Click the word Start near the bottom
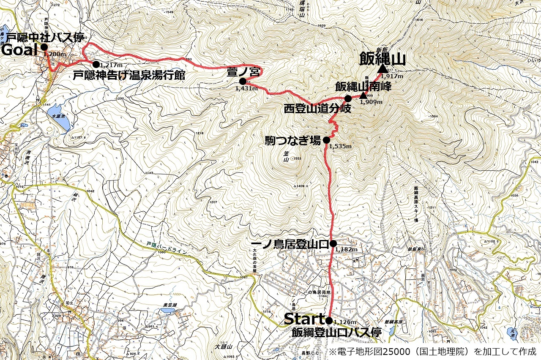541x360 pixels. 303,319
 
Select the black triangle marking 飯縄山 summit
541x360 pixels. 383,69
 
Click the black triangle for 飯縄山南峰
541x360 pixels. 363,95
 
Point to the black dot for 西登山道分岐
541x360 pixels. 348,98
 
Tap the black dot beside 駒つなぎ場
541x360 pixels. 326,140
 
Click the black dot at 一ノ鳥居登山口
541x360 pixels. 333,243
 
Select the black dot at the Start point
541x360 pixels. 329,320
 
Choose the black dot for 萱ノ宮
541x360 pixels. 243,81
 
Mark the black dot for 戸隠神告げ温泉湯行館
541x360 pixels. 96,64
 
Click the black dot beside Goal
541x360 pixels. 44,47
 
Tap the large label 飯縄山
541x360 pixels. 382,59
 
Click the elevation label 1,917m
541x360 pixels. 391,76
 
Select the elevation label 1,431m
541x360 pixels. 246,88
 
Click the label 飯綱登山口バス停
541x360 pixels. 336,332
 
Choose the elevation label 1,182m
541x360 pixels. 346,249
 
